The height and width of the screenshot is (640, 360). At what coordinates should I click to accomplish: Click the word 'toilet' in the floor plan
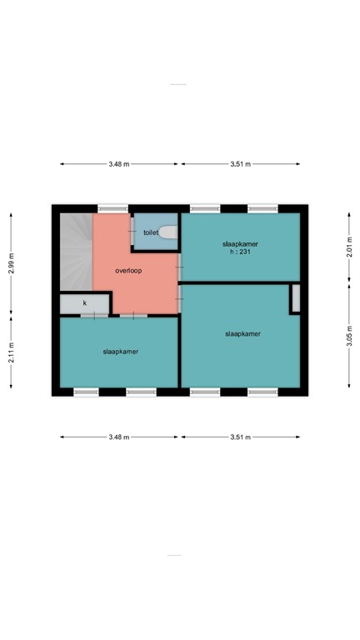coord(151,233)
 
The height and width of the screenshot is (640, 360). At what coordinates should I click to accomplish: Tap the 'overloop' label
coord(128,271)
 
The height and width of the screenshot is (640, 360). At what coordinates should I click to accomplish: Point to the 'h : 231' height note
coord(241,252)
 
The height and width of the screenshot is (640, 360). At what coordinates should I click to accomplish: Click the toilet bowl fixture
coord(169,232)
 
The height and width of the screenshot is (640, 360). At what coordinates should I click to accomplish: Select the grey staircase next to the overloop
coord(75,250)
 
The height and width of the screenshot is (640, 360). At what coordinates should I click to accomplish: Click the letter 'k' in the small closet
coord(84,303)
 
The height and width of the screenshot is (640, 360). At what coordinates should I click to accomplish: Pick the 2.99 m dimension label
coord(11,262)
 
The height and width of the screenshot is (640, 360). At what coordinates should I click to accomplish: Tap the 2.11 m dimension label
coord(11,352)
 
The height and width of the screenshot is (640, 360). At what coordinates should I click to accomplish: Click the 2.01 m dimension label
coord(349,248)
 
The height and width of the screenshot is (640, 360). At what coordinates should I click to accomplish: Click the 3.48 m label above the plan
coord(119,164)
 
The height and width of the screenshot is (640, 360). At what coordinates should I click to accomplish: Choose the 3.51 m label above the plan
coord(241,164)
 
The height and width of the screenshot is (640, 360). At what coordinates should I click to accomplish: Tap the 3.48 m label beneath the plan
coord(119,437)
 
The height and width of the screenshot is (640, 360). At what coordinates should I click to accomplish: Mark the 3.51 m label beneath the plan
coord(241,437)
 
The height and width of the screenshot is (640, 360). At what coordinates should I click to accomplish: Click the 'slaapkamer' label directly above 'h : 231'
coord(241,243)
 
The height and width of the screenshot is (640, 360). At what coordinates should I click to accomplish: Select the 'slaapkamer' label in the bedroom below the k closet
coord(121,352)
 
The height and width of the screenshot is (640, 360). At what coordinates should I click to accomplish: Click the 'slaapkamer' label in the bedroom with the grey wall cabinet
coord(242,333)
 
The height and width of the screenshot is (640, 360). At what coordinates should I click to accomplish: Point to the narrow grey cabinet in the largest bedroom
coord(295,298)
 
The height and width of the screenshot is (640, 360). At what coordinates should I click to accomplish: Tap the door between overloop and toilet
coord(132,231)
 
